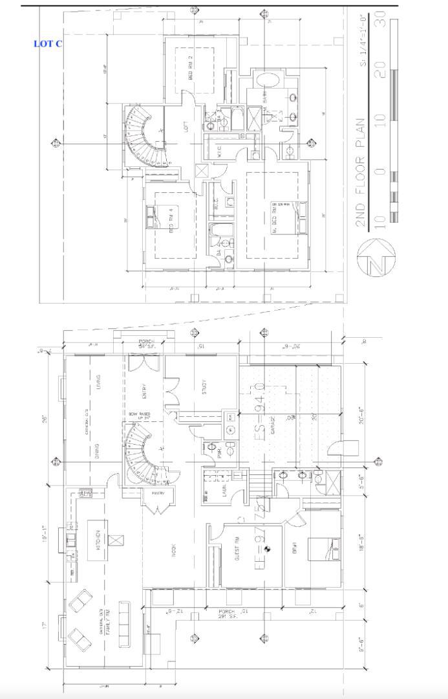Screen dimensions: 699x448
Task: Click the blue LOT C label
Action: click(x=48, y=43)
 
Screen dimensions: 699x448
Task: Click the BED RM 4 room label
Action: click(x=172, y=221)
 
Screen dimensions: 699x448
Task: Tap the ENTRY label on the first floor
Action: click(x=144, y=393)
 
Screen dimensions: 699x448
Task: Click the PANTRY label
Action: click(x=158, y=493)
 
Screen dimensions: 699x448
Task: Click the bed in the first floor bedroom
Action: click(x=324, y=549)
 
